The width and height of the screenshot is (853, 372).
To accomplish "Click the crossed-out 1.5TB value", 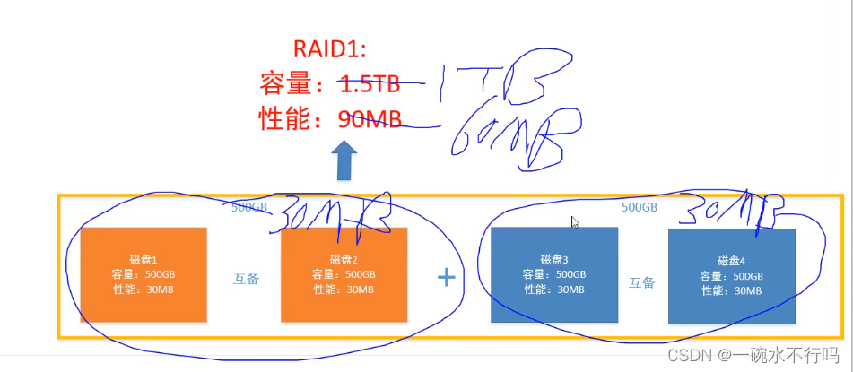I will (x=369, y=84).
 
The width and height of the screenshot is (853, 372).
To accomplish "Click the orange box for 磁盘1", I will (x=144, y=274).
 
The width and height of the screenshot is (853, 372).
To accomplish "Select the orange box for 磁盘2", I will (x=344, y=274).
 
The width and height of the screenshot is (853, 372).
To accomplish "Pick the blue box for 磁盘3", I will (x=554, y=274).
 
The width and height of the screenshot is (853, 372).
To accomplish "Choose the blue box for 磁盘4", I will (x=732, y=275).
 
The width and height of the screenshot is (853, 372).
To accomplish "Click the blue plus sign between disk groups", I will (x=447, y=278).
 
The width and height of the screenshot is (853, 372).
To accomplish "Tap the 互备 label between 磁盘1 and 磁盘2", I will (x=246, y=279).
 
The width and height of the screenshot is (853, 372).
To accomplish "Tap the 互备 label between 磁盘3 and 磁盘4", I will (x=641, y=282).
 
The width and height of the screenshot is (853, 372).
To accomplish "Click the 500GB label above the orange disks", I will (x=249, y=206).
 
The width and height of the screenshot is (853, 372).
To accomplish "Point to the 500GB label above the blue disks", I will (x=640, y=207).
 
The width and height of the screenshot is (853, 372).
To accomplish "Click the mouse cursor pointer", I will (x=575, y=221).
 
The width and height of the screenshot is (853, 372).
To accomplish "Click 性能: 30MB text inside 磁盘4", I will (x=732, y=291).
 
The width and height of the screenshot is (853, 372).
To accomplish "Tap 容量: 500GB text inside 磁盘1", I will (x=144, y=274).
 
